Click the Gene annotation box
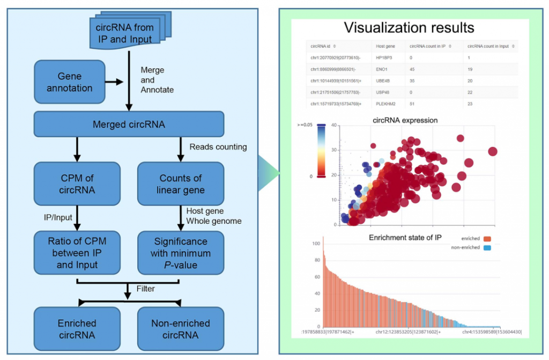tap(70, 82)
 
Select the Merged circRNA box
tap(129, 124)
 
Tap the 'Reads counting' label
tap(218, 146)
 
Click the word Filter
tap(145, 289)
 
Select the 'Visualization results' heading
tap(409, 28)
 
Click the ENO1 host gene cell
tap(384, 69)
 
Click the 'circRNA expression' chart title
tap(405, 120)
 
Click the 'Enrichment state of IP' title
tap(405, 237)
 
